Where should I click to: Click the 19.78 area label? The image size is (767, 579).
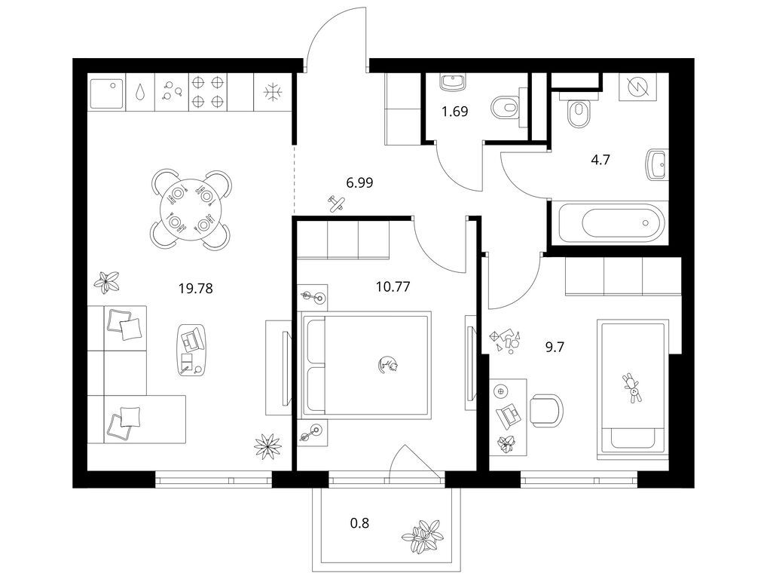(x=196, y=289)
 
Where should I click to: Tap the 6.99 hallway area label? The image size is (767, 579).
(x=359, y=183)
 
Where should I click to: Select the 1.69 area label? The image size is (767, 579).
(x=455, y=112)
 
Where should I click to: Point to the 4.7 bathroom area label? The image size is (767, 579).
(x=600, y=160)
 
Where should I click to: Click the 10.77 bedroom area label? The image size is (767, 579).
(x=393, y=286)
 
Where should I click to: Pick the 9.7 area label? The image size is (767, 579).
(x=555, y=348)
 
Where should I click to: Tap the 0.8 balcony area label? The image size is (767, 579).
(x=359, y=523)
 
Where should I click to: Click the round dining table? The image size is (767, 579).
(x=191, y=210)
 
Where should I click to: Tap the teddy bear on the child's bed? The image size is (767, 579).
(x=632, y=388)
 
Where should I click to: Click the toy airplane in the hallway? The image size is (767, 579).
(x=337, y=203)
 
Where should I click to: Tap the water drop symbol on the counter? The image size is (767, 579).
(x=141, y=93)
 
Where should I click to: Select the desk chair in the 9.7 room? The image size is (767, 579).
(x=546, y=410)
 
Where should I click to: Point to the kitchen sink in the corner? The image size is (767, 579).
(x=107, y=92)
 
